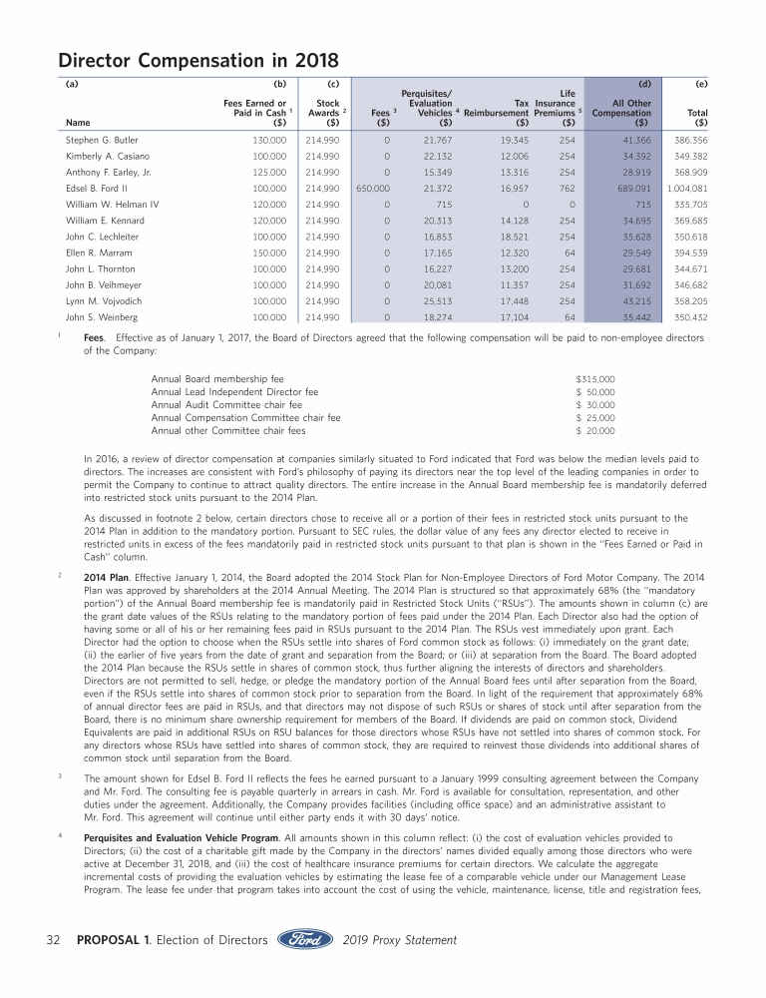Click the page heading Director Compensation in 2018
click(197, 60)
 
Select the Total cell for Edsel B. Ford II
click(686, 187)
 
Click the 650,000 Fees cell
click(373, 187)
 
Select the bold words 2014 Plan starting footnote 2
click(107, 578)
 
